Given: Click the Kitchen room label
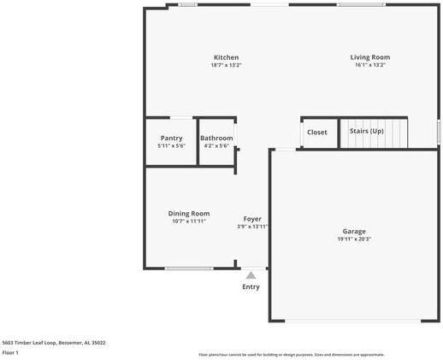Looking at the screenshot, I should pyautogui.click(x=226, y=57).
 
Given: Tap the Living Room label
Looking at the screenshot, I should pyautogui.click(x=369, y=57).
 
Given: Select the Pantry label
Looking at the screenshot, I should pyautogui.click(x=171, y=138).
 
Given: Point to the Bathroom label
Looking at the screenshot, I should pyautogui.click(x=216, y=138).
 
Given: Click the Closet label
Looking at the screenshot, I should pyautogui.click(x=317, y=133).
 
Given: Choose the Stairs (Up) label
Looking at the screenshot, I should pyautogui.click(x=366, y=132).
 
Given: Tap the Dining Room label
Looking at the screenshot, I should pyautogui.click(x=188, y=214).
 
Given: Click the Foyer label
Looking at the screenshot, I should pyautogui.click(x=252, y=219).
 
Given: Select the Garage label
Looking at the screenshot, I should pyautogui.click(x=354, y=231).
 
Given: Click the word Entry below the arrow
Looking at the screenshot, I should pyautogui.click(x=251, y=287).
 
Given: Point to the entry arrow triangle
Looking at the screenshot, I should pyautogui.click(x=251, y=275).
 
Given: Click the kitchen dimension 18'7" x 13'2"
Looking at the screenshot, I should pyautogui.click(x=226, y=65).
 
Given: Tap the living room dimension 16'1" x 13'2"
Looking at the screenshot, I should pyautogui.click(x=369, y=65).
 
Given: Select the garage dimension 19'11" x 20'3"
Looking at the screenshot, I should pyautogui.click(x=354, y=239).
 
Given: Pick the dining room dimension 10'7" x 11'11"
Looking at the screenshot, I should pyautogui.click(x=188, y=221).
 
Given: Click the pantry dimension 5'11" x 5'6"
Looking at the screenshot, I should pyautogui.click(x=171, y=145).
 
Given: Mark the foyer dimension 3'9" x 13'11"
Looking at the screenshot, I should pyautogui.click(x=252, y=227).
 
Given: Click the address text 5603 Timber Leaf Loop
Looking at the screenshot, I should pyautogui.click(x=54, y=342).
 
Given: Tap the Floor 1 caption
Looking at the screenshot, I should pyautogui.click(x=10, y=352).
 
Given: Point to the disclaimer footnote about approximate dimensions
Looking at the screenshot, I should pyautogui.click(x=292, y=354).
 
